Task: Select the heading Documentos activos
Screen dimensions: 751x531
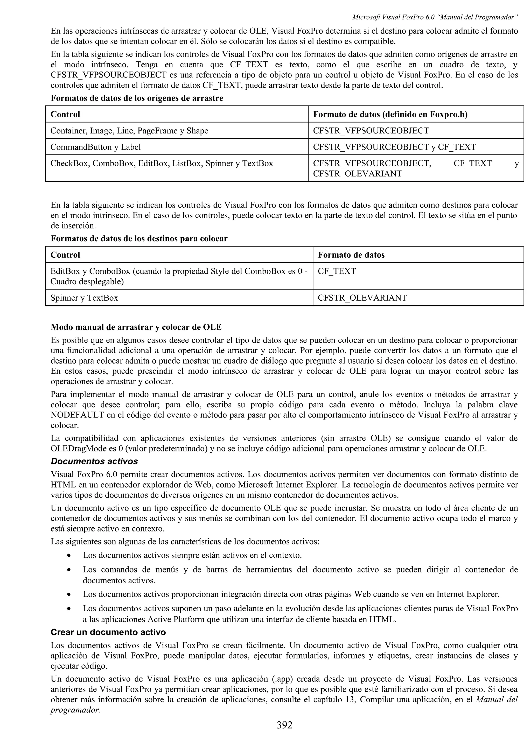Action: (94, 462)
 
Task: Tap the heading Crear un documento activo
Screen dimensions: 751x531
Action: (108, 632)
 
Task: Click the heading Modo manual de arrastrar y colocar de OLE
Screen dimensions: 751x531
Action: (136, 327)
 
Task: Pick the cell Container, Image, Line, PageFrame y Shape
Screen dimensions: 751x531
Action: (129, 131)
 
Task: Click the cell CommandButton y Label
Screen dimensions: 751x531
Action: (95, 147)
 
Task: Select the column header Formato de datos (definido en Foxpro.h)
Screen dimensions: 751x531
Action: (390, 115)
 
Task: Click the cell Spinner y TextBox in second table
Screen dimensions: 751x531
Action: (84, 298)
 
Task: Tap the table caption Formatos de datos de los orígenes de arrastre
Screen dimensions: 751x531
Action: (137, 98)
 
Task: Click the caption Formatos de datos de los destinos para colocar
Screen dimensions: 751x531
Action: (139, 239)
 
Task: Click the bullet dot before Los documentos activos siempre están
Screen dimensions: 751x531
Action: (69, 556)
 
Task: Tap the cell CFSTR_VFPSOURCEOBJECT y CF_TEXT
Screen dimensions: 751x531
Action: (394, 147)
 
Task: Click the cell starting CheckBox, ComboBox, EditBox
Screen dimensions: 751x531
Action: (162, 164)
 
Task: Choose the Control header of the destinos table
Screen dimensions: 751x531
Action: (65, 255)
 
